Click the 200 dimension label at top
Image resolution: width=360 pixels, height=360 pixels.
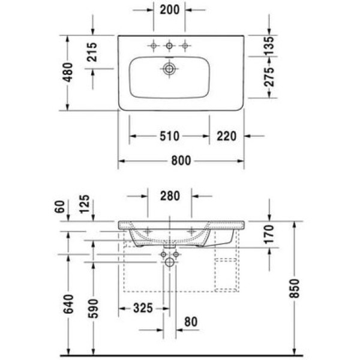169,10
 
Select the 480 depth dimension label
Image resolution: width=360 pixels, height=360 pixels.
68,73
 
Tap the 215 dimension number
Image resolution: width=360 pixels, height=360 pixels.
92,52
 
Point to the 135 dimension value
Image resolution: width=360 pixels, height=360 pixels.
269,46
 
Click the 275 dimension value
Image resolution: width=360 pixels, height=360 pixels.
269,77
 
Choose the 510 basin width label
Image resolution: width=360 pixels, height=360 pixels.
169,136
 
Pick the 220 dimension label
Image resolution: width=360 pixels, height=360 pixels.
226,136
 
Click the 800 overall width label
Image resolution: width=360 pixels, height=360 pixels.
181,160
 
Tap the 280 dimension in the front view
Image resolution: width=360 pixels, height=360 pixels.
170,196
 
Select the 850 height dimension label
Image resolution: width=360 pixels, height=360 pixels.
295,289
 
